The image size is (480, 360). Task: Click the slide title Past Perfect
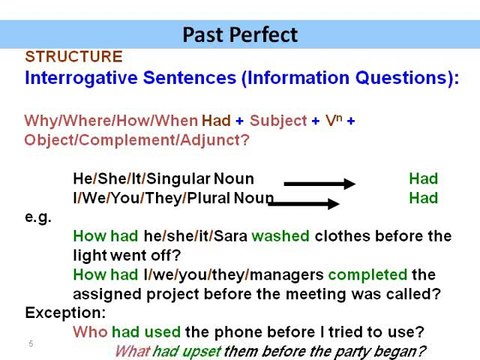(240, 35)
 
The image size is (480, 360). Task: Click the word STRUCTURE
(73, 57)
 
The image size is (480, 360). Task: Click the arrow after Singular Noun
(320, 183)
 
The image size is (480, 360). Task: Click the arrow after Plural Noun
(313, 203)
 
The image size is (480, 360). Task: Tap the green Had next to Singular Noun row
(423, 179)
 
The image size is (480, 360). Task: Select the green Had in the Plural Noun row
(423, 198)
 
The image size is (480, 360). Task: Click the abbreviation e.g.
(37, 217)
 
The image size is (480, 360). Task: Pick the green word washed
(280, 236)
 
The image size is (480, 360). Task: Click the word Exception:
(64, 312)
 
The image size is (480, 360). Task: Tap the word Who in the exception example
(90, 331)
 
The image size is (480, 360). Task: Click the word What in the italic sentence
(133, 351)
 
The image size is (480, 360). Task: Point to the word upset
(196, 351)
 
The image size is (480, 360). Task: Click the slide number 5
(31, 344)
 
